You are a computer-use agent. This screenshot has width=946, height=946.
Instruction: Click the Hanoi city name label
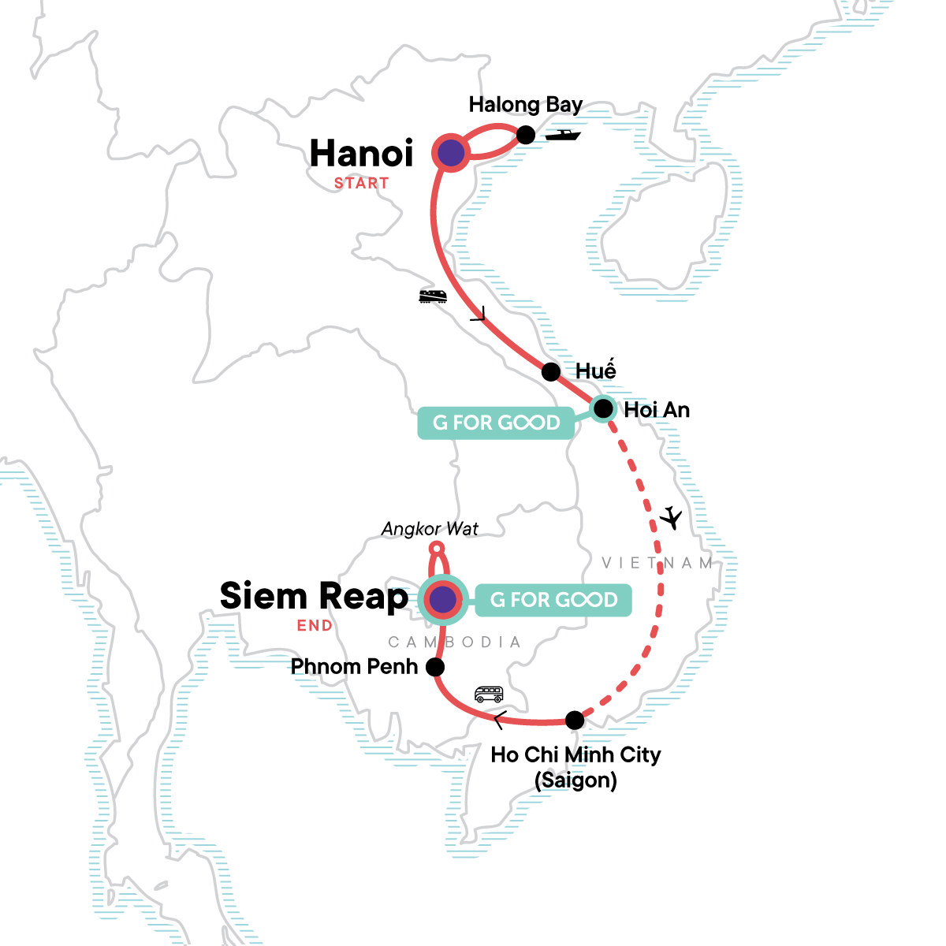361,154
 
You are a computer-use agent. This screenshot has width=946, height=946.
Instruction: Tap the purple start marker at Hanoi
450,153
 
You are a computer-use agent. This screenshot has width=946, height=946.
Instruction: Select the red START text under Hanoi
361,183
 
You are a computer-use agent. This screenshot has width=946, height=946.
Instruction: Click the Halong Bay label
525,105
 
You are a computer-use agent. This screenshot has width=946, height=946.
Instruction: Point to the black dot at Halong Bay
526,135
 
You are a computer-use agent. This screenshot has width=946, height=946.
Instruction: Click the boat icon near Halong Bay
563,135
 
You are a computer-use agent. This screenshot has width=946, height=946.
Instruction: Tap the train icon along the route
433,296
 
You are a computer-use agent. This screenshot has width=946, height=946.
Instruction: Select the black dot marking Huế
551,372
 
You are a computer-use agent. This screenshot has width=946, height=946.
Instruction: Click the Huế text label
595,371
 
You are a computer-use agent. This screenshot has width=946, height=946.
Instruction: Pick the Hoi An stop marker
603,408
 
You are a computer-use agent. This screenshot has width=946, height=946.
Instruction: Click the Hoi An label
657,410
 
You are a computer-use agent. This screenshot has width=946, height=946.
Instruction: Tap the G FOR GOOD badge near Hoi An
496,423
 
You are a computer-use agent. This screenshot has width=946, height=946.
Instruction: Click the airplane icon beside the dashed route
671,519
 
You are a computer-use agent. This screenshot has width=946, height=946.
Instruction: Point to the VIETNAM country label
657,563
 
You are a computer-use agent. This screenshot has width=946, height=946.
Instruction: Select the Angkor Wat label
430,529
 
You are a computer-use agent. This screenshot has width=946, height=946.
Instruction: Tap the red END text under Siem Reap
315,626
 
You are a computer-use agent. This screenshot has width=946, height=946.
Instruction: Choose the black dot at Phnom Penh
434,667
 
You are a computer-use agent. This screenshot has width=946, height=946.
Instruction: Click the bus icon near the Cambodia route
489,695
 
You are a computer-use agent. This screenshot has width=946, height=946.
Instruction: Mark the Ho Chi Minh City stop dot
575,720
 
